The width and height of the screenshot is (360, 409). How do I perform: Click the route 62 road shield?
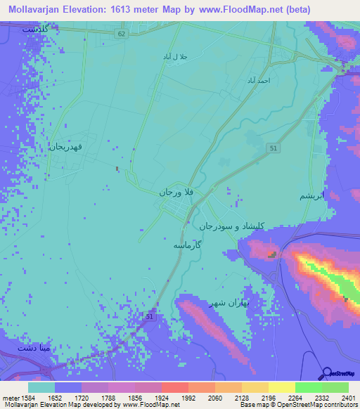coord(122,33)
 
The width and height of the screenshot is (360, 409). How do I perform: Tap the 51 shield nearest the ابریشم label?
coord(273,147)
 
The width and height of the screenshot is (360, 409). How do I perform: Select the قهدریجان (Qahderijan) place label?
coord(67,147)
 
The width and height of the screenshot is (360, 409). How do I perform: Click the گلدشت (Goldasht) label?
coord(37,30)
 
